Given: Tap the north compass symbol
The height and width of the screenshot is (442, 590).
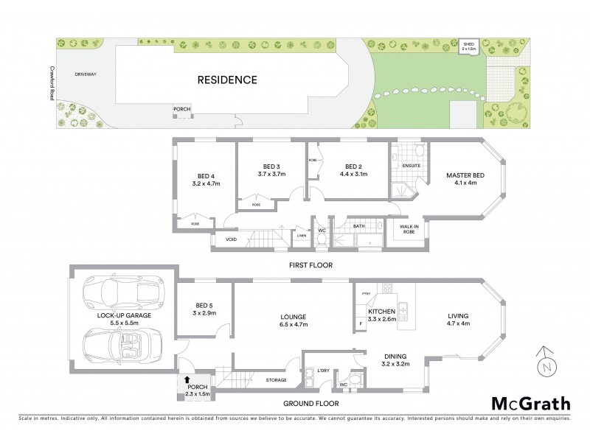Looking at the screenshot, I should pos(544,362).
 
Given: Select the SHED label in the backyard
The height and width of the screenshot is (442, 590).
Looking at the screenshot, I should pos(468,46).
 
